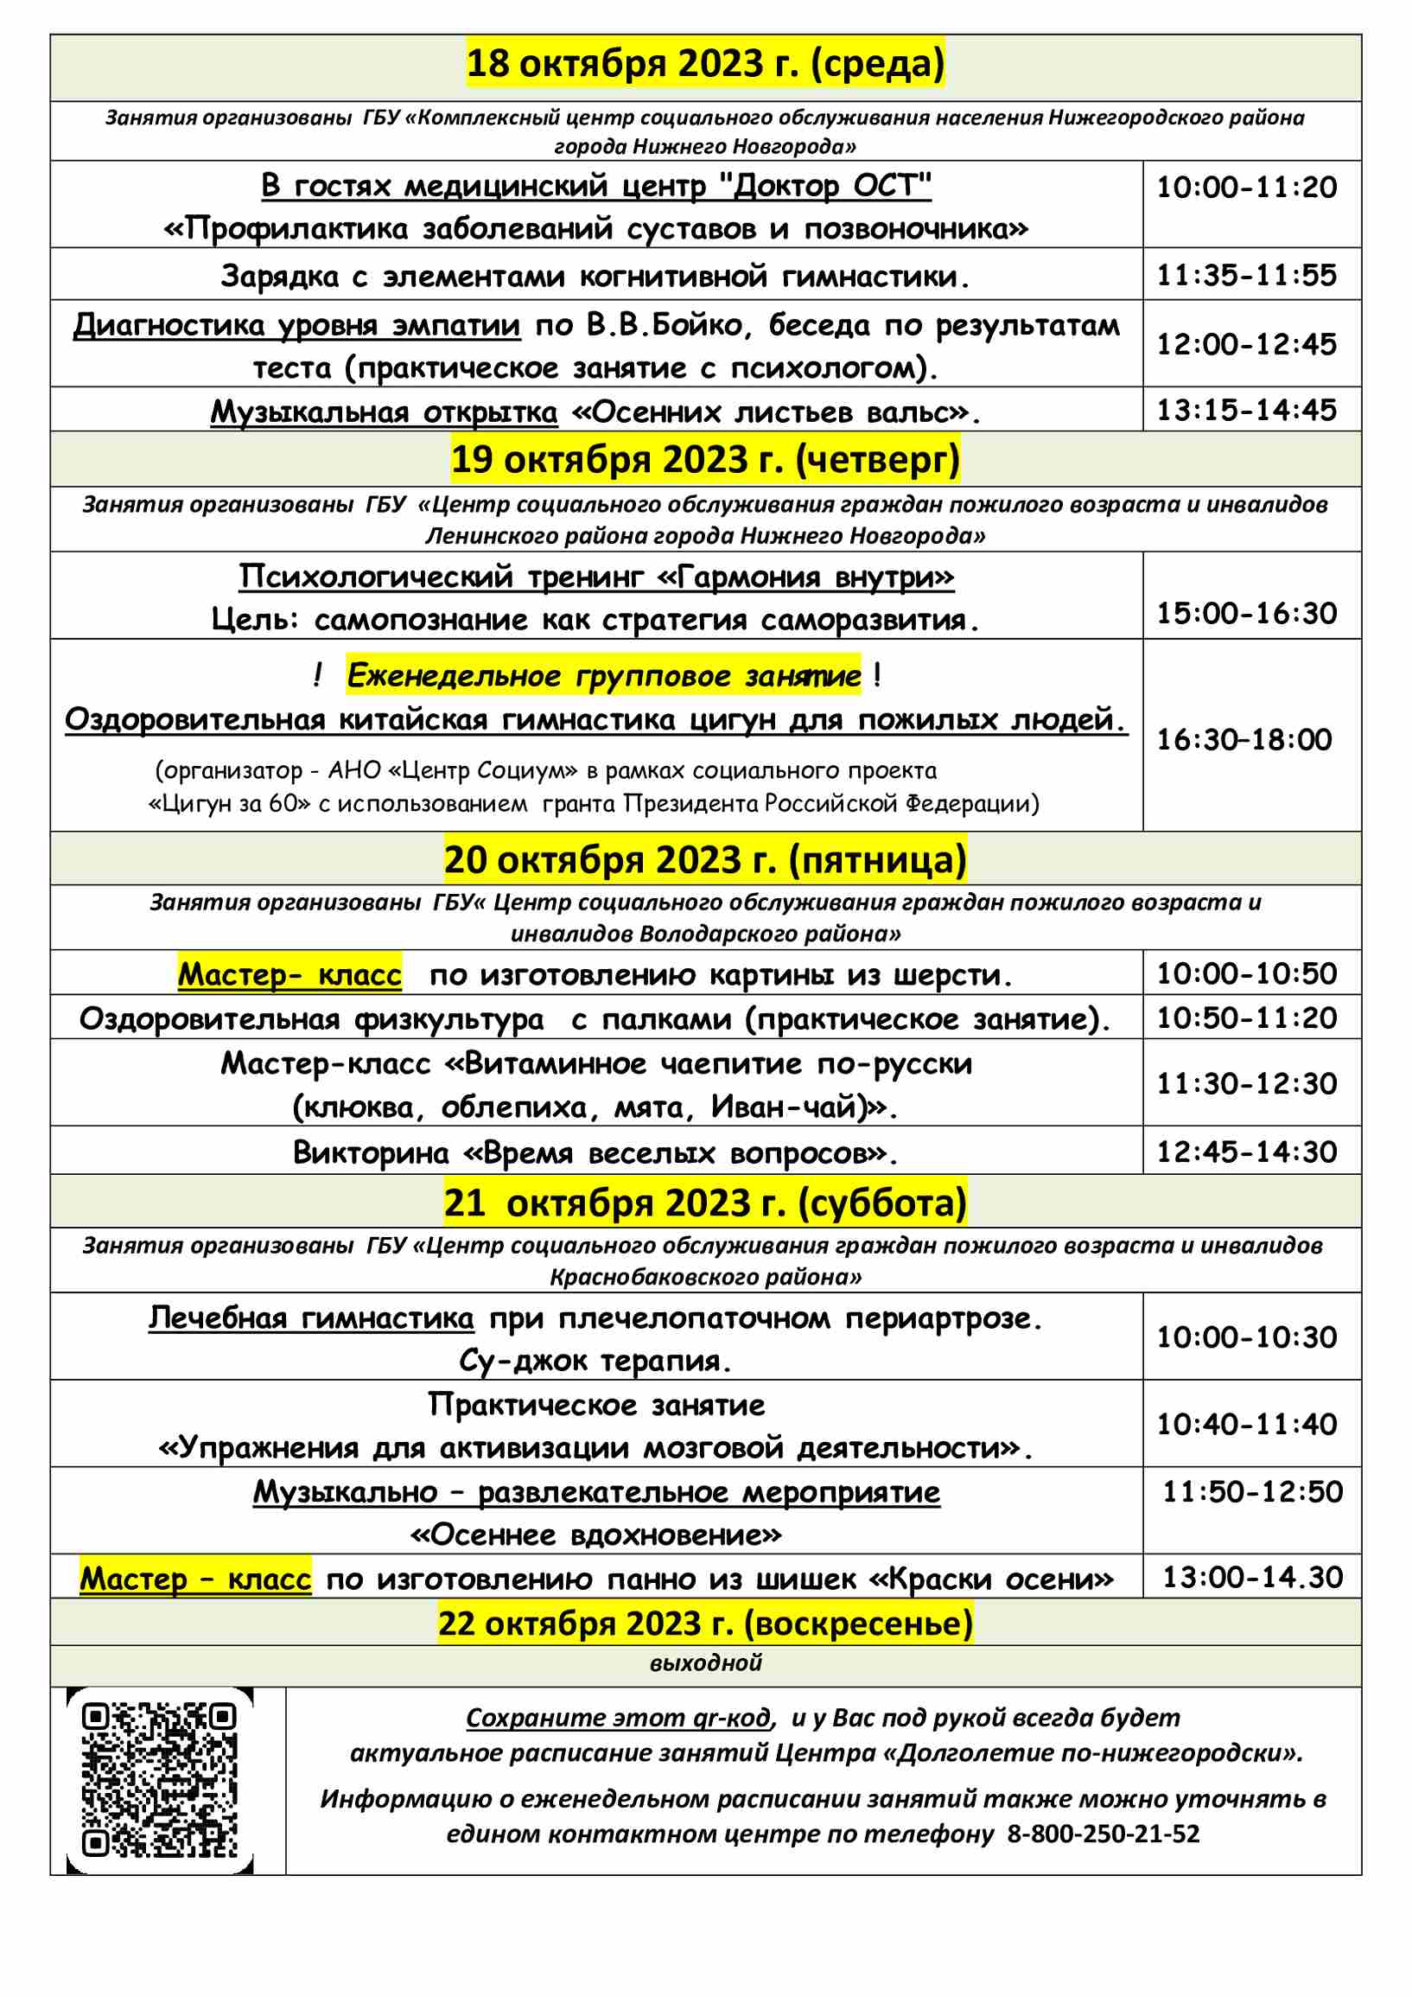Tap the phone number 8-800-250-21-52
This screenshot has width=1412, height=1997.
[x=1104, y=1834]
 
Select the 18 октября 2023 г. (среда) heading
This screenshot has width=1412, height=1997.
[x=705, y=64]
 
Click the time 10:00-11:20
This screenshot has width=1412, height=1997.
[x=1246, y=188]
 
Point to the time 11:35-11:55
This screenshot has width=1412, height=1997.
[x=1246, y=276]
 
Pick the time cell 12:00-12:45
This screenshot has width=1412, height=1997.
[x=1246, y=344]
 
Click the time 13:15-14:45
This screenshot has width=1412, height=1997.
[x=1246, y=411]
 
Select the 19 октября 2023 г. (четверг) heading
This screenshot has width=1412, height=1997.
[x=705, y=459]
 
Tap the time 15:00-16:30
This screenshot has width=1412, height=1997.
[x=1246, y=613]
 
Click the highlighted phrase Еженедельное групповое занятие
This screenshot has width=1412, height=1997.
[x=603, y=676]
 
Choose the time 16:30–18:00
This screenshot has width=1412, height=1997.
[x=1244, y=739]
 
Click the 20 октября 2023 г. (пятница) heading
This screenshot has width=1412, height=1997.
[x=705, y=859]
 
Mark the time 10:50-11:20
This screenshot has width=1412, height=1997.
[x=1246, y=1018]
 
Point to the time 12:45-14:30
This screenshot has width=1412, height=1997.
[x=1246, y=1152]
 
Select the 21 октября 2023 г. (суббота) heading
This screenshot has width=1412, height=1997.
[x=705, y=1202]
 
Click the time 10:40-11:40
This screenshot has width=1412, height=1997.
[x=1246, y=1424]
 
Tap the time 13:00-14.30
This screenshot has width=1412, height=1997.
[x=1253, y=1577]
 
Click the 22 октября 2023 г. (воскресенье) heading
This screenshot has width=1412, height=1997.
[x=705, y=1623]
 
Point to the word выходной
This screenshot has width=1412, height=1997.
[x=705, y=1663]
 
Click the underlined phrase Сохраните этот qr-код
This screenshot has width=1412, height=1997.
[x=618, y=1718]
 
